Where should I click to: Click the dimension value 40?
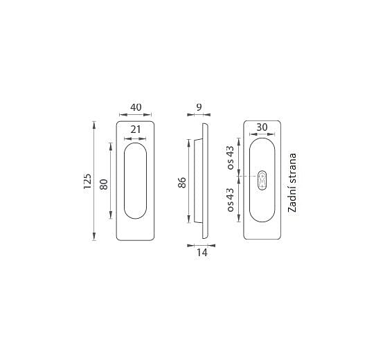click(x=136, y=107)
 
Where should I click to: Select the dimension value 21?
click(x=136, y=129)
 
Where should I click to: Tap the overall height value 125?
click(x=87, y=181)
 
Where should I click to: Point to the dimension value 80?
click(x=104, y=185)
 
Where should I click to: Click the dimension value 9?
click(x=199, y=107)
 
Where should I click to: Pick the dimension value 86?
click(x=182, y=183)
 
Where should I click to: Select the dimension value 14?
click(x=202, y=253)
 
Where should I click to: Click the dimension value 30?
click(x=262, y=127)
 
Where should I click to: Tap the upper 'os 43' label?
click(x=230, y=158)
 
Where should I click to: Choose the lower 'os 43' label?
click(x=230, y=200)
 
